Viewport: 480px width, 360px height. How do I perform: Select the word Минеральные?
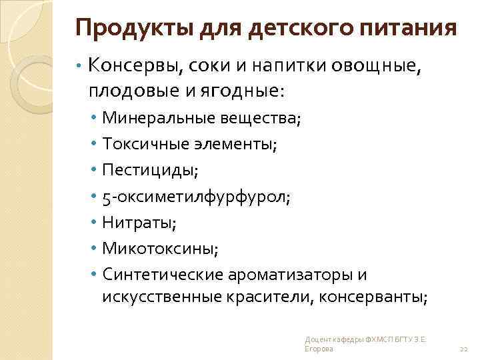point(155,119)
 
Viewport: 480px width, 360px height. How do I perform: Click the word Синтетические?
point(160,275)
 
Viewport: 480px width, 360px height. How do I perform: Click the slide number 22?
point(465,350)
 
